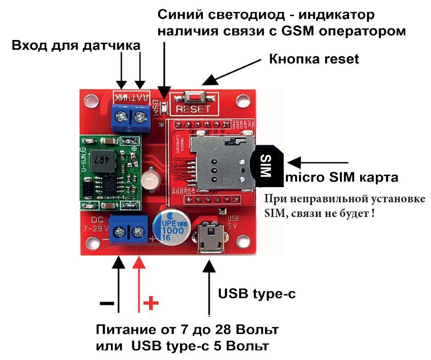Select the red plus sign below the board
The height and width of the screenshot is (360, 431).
tap(151, 303)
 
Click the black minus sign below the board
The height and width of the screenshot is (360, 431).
tap(107, 303)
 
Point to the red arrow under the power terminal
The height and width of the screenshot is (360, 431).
tap(139, 285)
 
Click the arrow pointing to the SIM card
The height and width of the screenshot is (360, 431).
tap(317, 163)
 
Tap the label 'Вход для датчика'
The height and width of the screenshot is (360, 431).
tap(75, 46)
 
